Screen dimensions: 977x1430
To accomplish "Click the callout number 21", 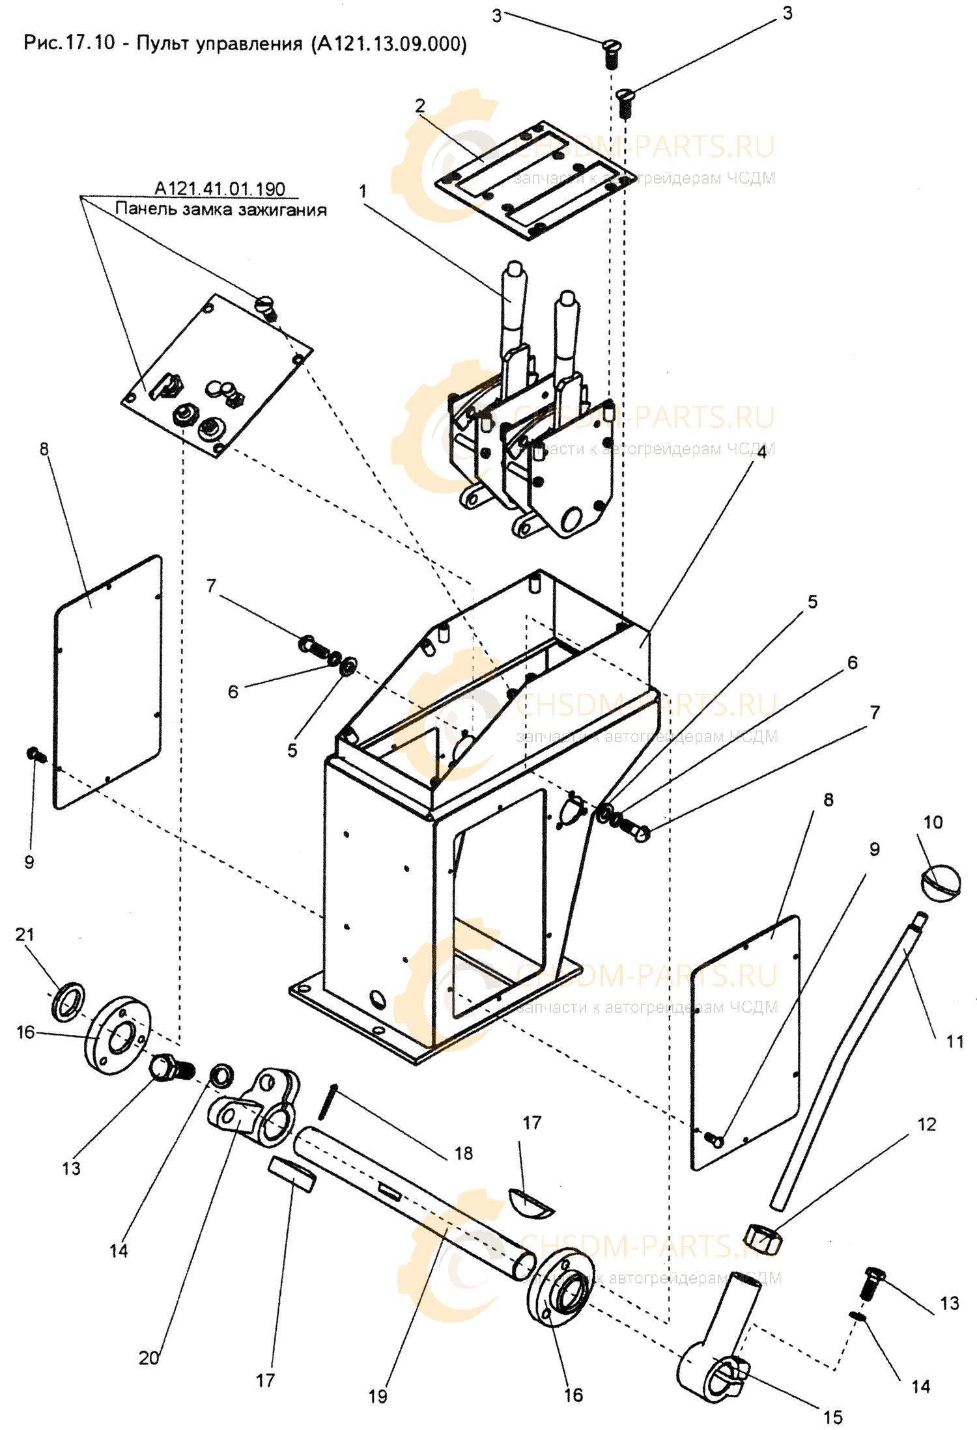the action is (x=24, y=935).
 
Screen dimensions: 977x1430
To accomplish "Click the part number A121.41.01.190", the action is (x=219, y=189).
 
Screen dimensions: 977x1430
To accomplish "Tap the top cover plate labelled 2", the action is (x=535, y=185).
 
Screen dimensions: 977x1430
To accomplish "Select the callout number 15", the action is (x=832, y=1416).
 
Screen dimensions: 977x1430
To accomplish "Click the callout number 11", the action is (x=954, y=1042).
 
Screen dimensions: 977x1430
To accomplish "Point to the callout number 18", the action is (x=464, y=1153).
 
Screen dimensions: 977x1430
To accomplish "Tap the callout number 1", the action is (x=362, y=191).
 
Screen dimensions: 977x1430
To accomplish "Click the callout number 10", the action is (x=933, y=822).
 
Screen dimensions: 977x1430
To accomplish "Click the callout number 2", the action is (x=420, y=104).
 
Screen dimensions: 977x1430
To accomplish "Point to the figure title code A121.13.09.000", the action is (x=389, y=44).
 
